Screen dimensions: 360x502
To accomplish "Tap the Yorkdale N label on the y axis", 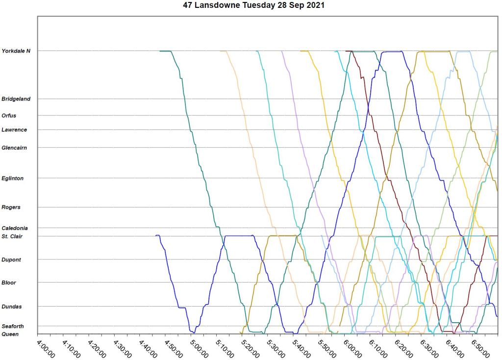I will (x=16, y=51).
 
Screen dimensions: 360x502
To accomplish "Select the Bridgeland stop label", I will (x=16, y=99).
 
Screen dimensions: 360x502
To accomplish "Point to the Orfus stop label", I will (x=9, y=116).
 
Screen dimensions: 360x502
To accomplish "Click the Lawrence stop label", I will (x=14, y=130).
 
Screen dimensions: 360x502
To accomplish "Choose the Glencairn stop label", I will (x=14, y=148).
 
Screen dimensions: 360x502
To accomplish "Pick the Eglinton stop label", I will (x=13, y=179).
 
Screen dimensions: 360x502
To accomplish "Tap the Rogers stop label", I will (x=11, y=207).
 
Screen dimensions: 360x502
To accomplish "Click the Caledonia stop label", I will (x=15, y=229).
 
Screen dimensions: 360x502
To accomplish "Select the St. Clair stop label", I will (x=13, y=236).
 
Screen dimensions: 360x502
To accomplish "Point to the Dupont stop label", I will (x=11, y=260).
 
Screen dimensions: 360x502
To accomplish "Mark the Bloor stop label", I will (x=9, y=283).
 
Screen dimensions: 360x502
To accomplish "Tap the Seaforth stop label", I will (x=13, y=327).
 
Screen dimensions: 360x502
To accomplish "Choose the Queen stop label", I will (x=10, y=334).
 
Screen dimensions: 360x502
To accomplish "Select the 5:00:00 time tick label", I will (x=199, y=347).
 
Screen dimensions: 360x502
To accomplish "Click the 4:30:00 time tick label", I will (x=123, y=347).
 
